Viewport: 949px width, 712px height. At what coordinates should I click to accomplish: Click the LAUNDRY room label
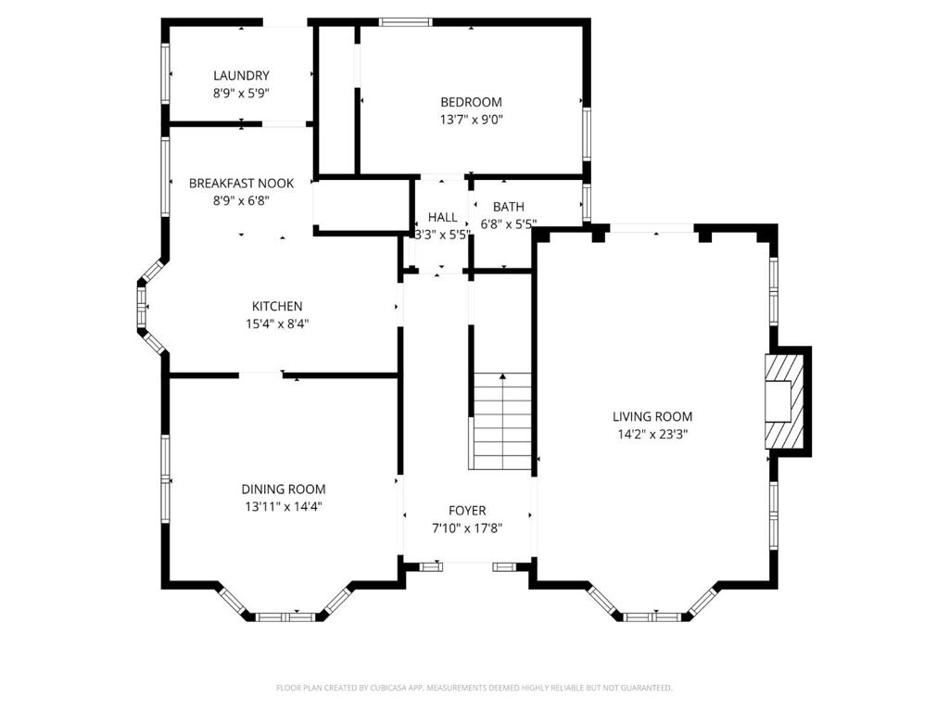coord(241,76)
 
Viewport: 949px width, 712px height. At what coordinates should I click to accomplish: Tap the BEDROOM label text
coord(471,102)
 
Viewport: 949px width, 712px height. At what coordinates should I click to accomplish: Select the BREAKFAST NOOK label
coord(241,183)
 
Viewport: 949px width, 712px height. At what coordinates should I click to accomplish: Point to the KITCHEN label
coord(277,306)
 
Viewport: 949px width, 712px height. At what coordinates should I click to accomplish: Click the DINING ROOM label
coord(284,489)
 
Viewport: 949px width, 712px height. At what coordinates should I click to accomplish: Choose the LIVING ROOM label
coord(652,416)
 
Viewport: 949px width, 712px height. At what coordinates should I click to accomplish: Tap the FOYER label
coord(467,511)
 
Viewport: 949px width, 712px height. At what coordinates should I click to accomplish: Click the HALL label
coord(442,217)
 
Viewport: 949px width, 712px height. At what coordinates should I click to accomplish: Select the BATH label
coord(509,207)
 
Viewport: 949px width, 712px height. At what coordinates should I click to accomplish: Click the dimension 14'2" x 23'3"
coord(652,434)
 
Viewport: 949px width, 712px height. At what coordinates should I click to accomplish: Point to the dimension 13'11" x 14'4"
coord(284,507)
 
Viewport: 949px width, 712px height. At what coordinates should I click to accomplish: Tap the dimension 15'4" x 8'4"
coord(277,324)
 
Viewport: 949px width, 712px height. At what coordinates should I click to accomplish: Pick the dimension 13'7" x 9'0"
coord(471,120)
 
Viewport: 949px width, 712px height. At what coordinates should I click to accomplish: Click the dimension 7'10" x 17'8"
coord(467,528)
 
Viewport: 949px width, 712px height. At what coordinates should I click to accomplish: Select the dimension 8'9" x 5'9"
coord(241,94)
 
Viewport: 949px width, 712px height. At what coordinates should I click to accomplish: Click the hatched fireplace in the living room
coord(785,401)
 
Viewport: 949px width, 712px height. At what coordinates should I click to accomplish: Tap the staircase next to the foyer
coord(502,422)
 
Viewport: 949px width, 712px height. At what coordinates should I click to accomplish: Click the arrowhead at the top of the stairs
coord(502,376)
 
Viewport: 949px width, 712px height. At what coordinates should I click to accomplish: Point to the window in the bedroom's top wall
coord(406,22)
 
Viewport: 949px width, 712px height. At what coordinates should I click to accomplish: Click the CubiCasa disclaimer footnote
coord(474,688)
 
